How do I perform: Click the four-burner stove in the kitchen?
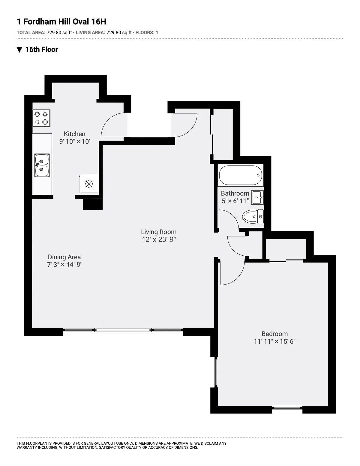[41, 118]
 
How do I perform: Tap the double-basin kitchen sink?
[42, 165]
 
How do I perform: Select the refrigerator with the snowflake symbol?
[88, 184]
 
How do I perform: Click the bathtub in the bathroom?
[241, 175]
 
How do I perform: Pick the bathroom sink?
[257, 197]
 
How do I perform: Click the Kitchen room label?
[74, 134]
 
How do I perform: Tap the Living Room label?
[159, 232]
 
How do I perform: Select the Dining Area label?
[64, 257]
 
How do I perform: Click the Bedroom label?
[274, 334]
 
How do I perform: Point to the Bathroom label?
[235, 193]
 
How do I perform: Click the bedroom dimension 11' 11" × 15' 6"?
[274, 341]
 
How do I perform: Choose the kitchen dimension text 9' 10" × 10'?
[74, 142]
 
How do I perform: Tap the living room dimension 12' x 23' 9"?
[159, 239]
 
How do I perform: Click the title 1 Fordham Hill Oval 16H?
[61, 22]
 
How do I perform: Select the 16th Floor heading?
[41, 50]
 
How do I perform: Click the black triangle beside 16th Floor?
[19, 50]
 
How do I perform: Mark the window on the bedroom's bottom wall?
[287, 408]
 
